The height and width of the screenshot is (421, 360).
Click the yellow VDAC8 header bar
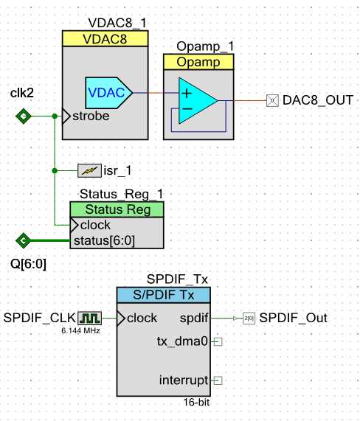pyautogui.click(x=105, y=40)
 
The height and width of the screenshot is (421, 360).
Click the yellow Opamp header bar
pyautogui.click(x=198, y=62)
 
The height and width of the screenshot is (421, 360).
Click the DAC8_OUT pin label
pyautogui.click(x=319, y=100)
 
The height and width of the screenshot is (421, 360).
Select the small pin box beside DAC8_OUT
pyautogui.click(x=271, y=100)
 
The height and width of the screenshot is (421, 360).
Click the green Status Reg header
pyautogui.click(x=117, y=209)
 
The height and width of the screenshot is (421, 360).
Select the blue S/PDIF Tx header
pyautogui.click(x=163, y=295)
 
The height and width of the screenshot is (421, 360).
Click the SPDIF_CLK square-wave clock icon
pyautogui.click(x=89, y=318)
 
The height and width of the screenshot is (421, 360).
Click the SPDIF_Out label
pyautogui.click(x=293, y=318)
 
